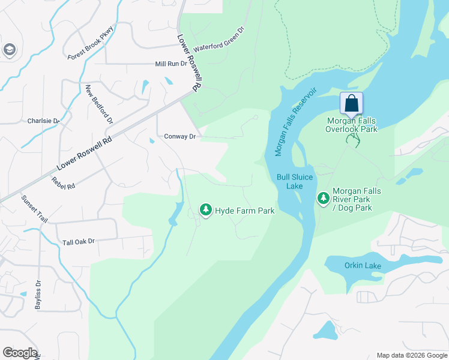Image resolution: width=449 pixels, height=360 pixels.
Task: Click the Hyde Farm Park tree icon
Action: (206, 210)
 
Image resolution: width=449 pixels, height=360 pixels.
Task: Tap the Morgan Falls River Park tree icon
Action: (324, 198)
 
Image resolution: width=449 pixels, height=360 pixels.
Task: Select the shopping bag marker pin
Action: (352, 104)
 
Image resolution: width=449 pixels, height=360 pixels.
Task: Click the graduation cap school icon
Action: (9, 50)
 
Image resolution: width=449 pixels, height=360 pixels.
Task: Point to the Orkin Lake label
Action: (360, 266)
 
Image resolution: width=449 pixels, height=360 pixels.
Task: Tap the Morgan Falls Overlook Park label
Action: (351, 125)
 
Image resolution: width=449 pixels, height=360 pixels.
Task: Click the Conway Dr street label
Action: (180, 137)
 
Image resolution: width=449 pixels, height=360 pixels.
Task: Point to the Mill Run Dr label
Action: (171, 64)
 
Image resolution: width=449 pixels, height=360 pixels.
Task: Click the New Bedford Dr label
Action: (99, 104)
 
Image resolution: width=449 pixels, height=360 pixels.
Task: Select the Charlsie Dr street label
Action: (44, 121)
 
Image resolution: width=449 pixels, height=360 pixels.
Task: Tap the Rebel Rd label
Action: (62, 182)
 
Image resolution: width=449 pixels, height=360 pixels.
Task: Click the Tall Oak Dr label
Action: (79, 242)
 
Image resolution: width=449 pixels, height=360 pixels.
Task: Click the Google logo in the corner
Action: (20, 353)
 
